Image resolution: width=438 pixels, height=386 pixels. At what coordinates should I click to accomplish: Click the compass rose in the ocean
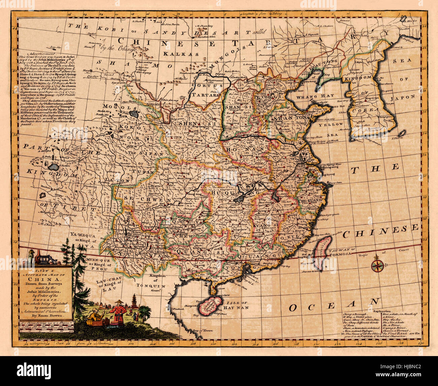377,265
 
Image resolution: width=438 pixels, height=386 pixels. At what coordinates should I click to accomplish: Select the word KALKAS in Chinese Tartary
175,53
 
